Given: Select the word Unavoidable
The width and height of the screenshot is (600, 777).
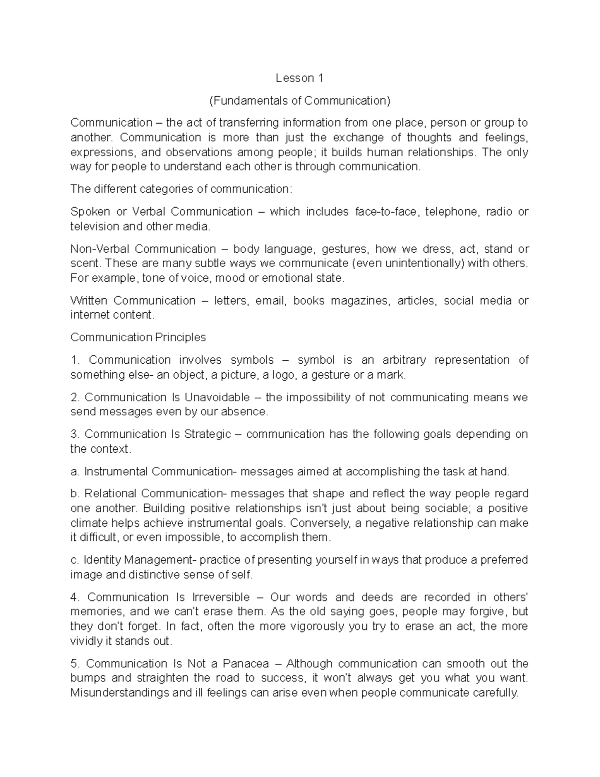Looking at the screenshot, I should [217, 397].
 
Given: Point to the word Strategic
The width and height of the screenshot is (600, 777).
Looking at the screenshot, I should [207, 434].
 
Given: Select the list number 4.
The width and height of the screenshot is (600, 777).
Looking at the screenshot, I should [75, 597].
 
